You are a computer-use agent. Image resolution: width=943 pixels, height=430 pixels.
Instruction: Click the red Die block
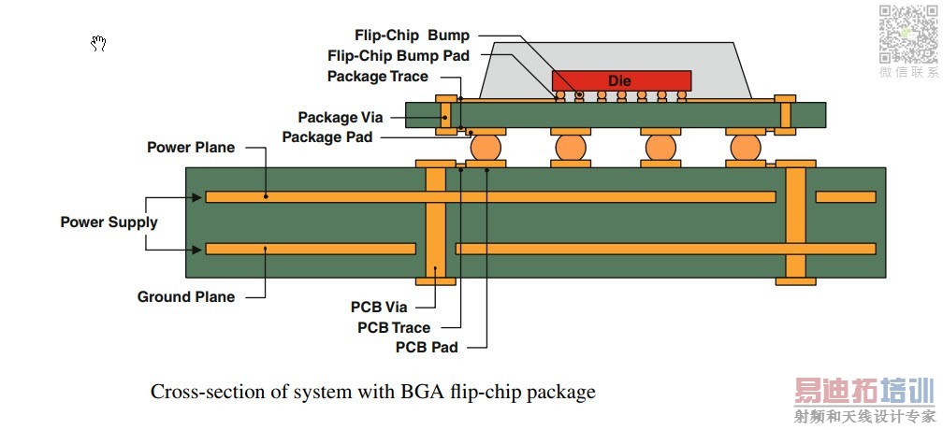(621, 80)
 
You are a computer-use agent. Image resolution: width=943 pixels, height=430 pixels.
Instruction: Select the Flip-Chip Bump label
(412, 36)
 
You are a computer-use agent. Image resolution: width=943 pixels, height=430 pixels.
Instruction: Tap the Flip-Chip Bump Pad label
(399, 56)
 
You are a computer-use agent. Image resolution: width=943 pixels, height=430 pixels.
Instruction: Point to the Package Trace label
(377, 77)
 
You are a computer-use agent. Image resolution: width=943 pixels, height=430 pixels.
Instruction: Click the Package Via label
(341, 118)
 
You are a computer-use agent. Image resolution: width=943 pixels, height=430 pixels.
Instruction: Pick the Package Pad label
(326, 137)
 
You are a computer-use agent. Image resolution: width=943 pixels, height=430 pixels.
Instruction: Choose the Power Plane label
(191, 148)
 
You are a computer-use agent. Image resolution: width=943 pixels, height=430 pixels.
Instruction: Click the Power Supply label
(109, 222)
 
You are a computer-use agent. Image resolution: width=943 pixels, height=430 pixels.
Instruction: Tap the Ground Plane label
(186, 297)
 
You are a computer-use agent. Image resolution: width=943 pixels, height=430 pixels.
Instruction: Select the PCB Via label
(381, 307)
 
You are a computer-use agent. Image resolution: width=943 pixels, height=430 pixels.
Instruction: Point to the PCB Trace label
(394, 327)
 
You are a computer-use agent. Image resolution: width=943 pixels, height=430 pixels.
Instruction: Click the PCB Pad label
(427, 348)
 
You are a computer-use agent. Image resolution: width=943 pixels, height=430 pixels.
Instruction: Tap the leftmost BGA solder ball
(486, 148)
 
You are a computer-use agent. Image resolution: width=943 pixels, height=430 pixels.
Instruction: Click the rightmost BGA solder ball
(746, 148)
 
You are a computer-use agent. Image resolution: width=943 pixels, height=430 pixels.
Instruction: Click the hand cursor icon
(99, 43)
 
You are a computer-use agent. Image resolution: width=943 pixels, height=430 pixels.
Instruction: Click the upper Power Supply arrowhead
(196, 197)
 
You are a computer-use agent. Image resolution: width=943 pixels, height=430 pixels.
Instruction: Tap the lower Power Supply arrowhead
(196, 250)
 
